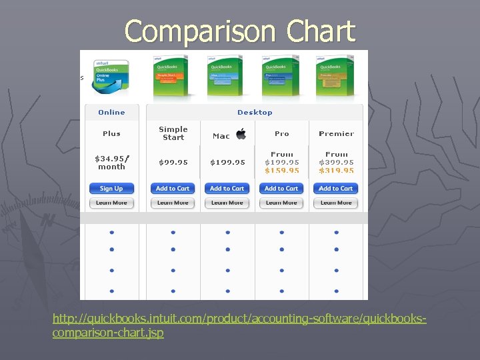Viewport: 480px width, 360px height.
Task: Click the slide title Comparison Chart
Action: [x=239, y=31]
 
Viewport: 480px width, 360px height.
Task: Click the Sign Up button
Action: [x=111, y=189]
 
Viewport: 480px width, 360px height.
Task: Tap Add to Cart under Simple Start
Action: [x=173, y=189]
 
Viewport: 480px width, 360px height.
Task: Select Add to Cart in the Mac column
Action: [x=227, y=189]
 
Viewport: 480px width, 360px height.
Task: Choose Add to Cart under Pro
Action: [x=281, y=189]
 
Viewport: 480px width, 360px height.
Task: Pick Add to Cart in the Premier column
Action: [x=336, y=189]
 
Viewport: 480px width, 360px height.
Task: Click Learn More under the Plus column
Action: [x=111, y=203]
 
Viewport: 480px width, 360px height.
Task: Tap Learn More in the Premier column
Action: [x=336, y=203]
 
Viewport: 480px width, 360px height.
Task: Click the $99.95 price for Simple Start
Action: [x=173, y=162]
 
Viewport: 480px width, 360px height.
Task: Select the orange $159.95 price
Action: [x=282, y=171]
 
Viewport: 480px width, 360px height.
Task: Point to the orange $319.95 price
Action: [x=337, y=171]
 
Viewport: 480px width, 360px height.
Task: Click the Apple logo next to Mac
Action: [x=241, y=134]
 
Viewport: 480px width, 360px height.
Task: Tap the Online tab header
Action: [x=111, y=112]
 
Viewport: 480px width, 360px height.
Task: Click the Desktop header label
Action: [x=255, y=112]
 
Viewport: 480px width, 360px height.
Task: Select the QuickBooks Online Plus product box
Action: [x=111, y=77]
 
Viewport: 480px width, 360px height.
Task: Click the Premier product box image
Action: [x=336, y=75]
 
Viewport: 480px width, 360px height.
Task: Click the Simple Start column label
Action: [x=173, y=133]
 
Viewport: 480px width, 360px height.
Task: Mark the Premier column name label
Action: [x=336, y=133]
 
